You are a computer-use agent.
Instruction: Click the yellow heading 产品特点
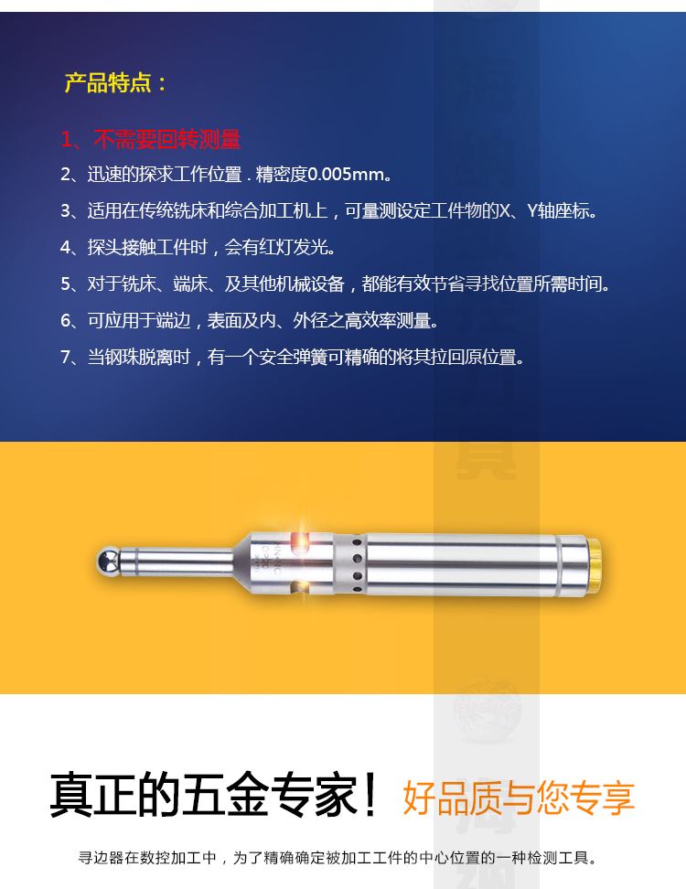click(107, 83)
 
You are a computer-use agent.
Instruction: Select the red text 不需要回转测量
click(167, 139)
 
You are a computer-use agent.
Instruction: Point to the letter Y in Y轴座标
click(532, 211)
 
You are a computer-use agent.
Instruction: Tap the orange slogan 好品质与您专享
click(519, 797)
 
